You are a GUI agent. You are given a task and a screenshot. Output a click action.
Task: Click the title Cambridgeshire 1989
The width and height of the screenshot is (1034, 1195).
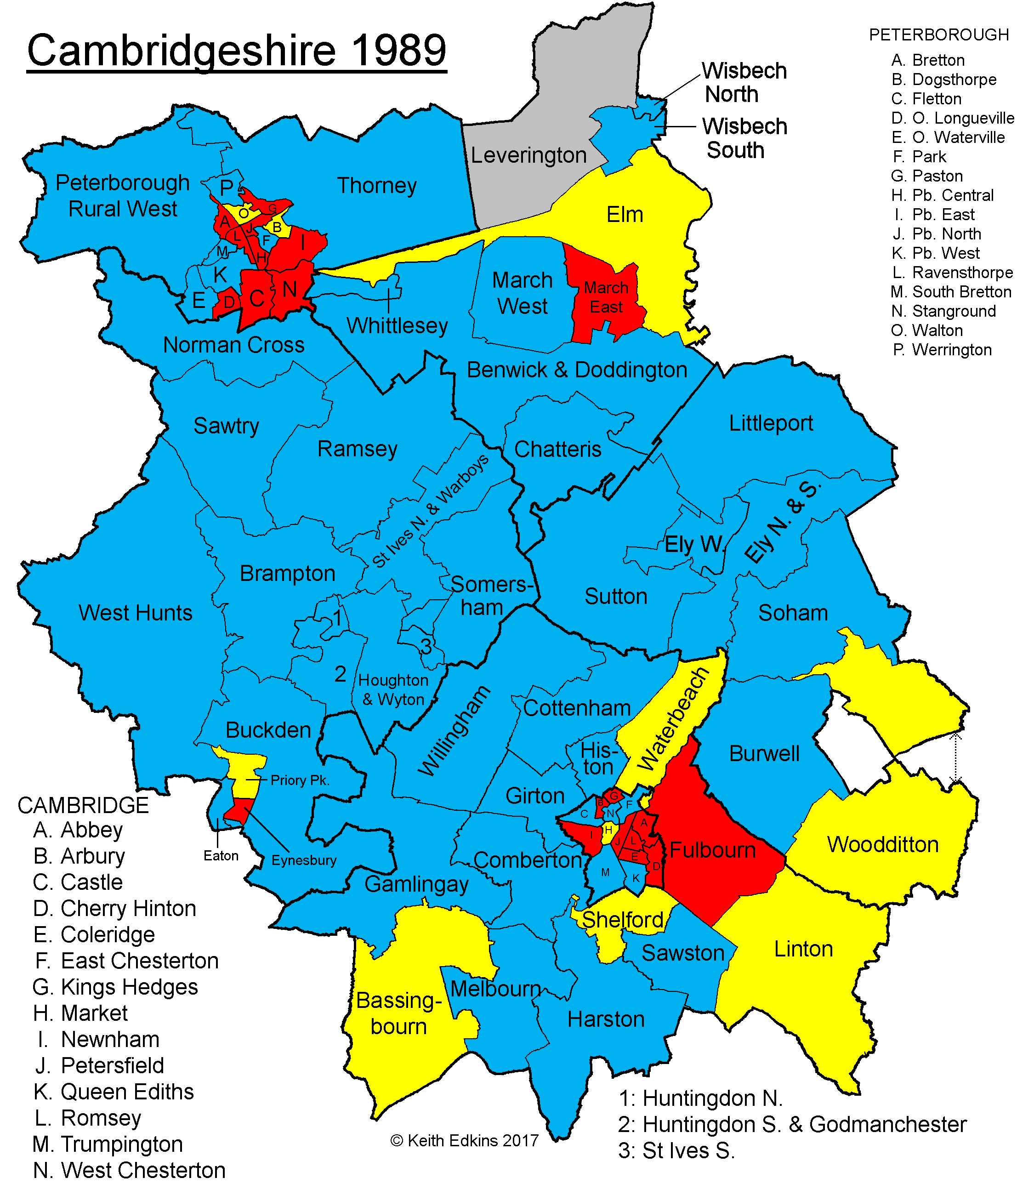pyautogui.click(x=237, y=51)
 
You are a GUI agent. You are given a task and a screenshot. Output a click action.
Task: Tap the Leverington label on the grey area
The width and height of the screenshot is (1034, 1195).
pyautogui.click(x=528, y=155)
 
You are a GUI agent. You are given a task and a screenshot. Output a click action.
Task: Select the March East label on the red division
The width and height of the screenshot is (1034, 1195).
pyautogui.click(x=606, y=297)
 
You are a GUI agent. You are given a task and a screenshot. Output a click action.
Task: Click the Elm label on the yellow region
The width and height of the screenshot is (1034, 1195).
pyautogui.click(x=625, y=215)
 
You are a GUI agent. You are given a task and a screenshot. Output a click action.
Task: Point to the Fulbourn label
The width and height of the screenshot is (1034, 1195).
pyautogui.click(x=713, y=850)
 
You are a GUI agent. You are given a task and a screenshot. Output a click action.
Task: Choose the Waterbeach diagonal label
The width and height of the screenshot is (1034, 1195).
pyautogui.click(x=673, y=718)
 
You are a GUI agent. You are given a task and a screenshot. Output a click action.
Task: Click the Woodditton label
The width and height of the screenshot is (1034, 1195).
pyautogui.click(x=883, y=844)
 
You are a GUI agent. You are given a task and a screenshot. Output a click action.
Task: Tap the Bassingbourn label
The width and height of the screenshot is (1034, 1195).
pyautogui.click(x=399, y=1013)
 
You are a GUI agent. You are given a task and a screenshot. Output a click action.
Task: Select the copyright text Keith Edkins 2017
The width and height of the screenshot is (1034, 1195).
pyautogui.click(x=465, y=1141)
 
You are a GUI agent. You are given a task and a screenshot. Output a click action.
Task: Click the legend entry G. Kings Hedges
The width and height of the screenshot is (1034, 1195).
pyautogui.click(x=115, y=987)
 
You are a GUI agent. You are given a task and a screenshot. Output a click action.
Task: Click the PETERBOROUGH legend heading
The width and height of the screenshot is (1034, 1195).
pyautogui.click(x=939, y=35)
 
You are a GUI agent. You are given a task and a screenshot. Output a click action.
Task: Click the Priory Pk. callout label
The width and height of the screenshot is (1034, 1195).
pyautogui.click(x=300, y=780)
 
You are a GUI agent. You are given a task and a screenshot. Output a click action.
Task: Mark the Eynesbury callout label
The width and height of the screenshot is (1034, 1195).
pyautogui.click(x=304, y=860)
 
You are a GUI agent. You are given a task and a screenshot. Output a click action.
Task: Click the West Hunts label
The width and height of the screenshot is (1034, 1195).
pyautogui.click(x=136, y=613)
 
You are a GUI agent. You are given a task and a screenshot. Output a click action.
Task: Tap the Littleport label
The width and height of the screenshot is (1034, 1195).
pyautogui.click(x=771, y=423)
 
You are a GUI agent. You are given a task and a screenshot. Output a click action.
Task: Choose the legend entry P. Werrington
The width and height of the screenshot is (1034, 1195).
pyautogui.click(x=942, y=350)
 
